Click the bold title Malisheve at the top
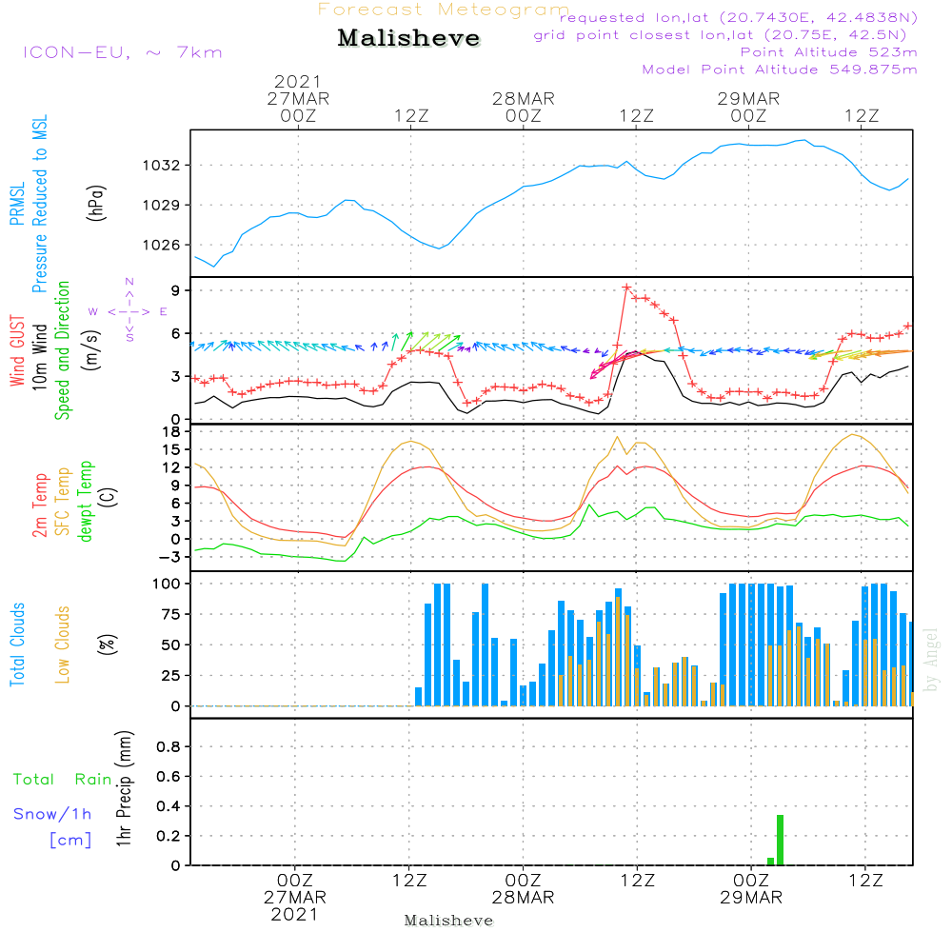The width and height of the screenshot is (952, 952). tap(409, 39)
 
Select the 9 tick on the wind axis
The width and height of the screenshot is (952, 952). tap(175, 290)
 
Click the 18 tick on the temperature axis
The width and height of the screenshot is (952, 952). tap(171, 431)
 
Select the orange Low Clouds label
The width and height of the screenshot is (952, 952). tap(64, 644)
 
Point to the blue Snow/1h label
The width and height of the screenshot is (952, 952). tap(53, 815)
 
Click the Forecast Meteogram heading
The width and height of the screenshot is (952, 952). tap(444, 10)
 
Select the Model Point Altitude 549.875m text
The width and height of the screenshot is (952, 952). tap(780, 69)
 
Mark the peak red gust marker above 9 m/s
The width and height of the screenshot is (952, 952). tap(626, 287)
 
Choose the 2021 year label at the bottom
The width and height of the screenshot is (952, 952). tap(295, 914)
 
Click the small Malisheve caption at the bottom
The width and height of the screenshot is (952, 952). tap(449, 921)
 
